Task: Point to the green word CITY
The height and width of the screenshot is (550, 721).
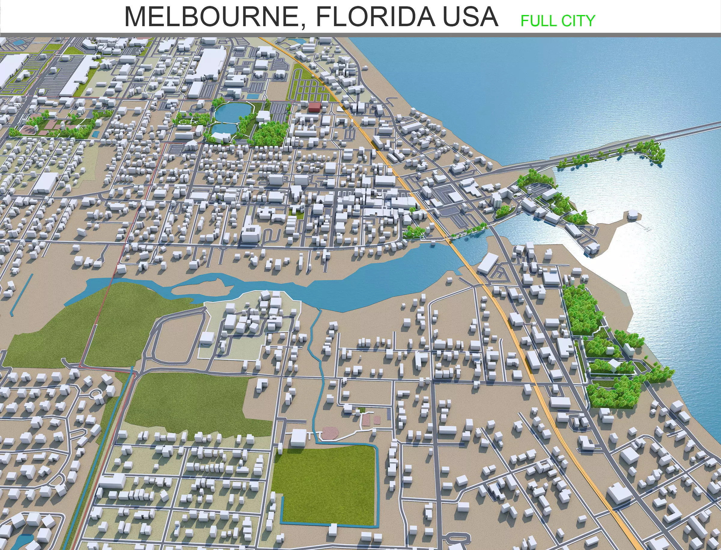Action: [578, 21]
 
